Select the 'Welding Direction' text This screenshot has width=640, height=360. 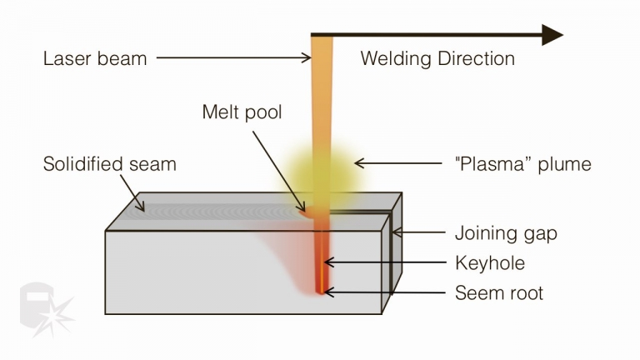(x=437, y=58)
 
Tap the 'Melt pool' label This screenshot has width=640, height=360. (x=242, y=112)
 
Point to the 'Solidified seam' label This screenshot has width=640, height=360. (x=109, y=164)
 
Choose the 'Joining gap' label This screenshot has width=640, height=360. (x=506, y=232)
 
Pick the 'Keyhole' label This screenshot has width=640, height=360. (x=490, y=262)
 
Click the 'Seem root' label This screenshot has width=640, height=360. (x=498, y=292)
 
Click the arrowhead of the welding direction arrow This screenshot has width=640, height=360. (x=552, y=35)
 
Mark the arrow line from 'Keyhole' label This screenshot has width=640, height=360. (x=383, y=262)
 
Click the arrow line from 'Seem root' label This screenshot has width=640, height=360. (x=383, y=292)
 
